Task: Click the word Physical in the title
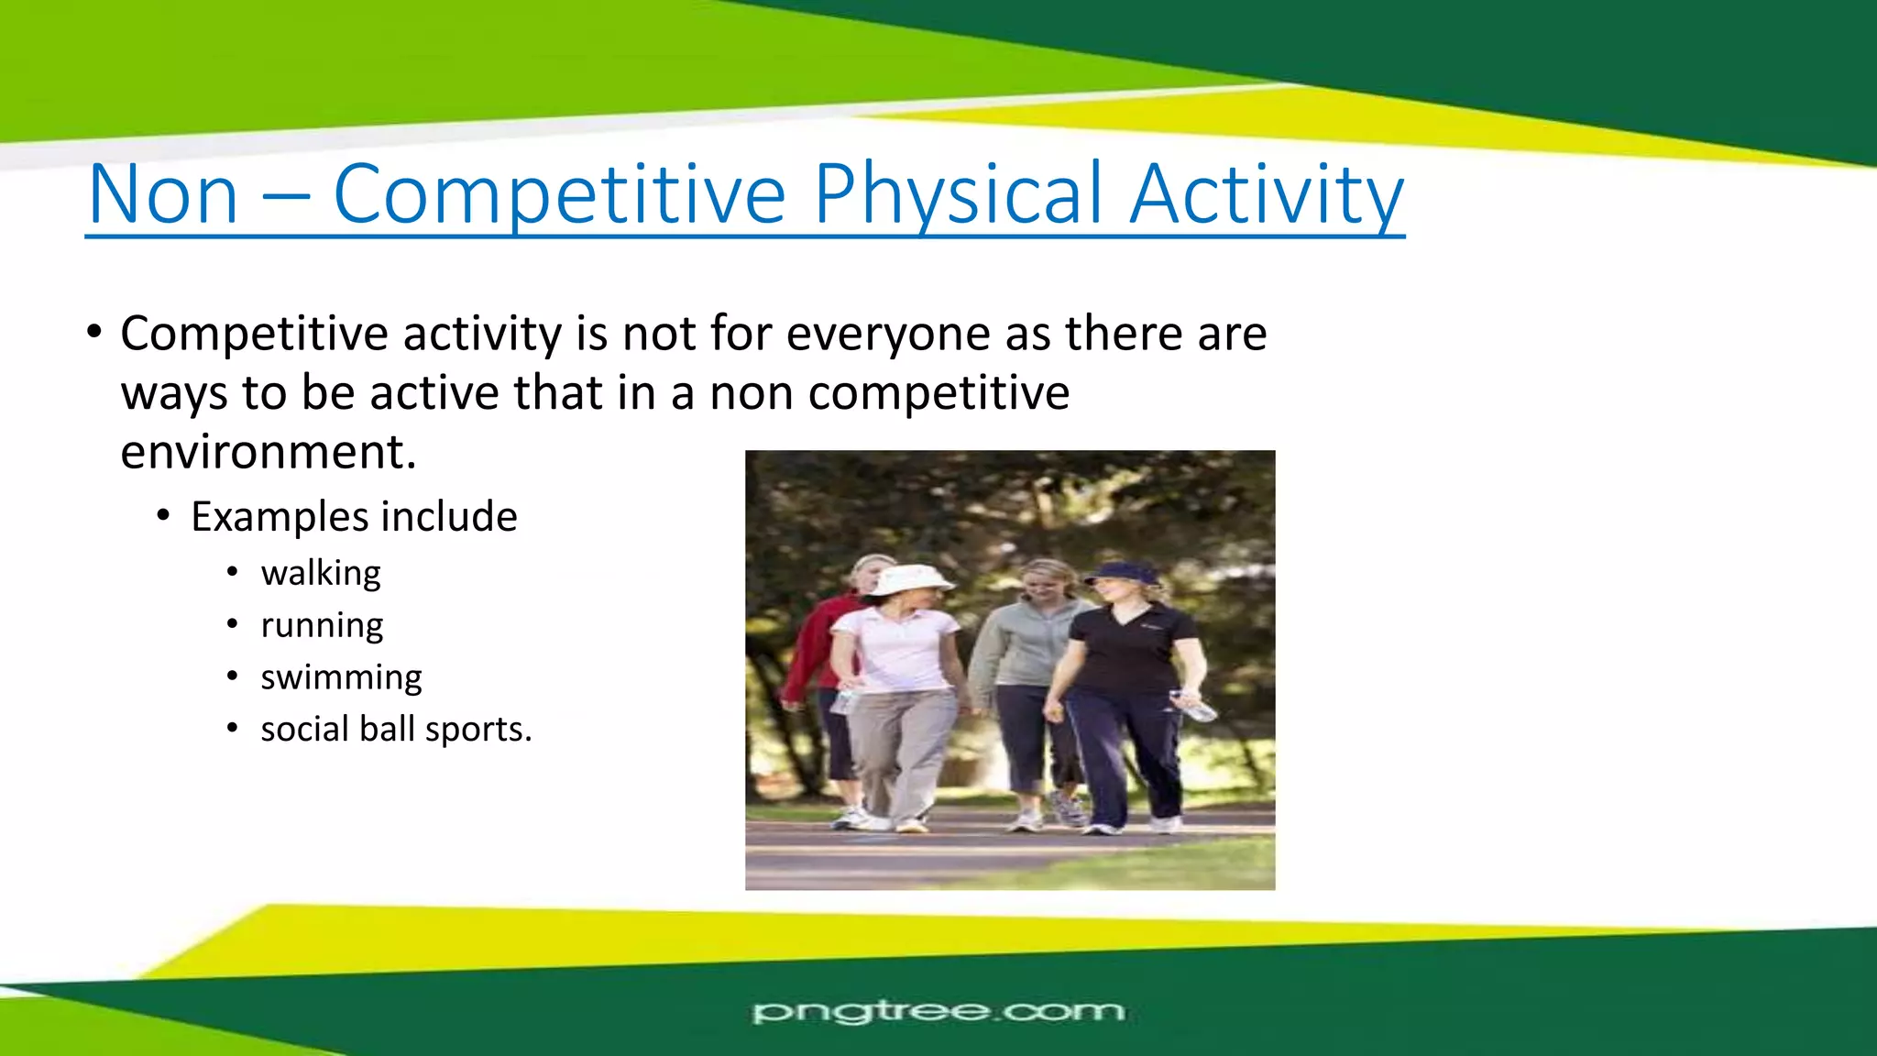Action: tap(958, 194)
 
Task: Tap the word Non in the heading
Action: tap(163, 194)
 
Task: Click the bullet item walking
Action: tap(320, 573)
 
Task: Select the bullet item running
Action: tap(322, 625)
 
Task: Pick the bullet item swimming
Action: tap(341, 677)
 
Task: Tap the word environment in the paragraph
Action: tap(268, 452)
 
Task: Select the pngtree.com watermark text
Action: tap(938, 1012)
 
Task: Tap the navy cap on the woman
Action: tap(1124, 572)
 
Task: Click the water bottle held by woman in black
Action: tap(1193, 706)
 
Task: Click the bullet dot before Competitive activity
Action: tap(94, 334)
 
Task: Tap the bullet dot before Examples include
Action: tap(163, 517)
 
